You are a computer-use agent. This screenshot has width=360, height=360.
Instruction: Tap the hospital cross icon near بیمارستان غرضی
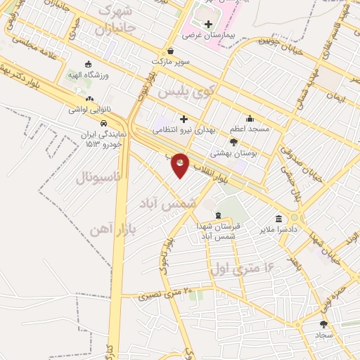[x=207, y=24]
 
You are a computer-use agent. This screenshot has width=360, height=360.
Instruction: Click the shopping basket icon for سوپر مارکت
[x=171, y=51]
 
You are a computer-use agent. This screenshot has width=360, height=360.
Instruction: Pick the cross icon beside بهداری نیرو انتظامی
[x=184, y=119]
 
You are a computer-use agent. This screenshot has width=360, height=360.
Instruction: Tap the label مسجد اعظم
[x=249, y=129]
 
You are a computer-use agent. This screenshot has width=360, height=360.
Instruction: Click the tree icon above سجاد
[x=323, y=324]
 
